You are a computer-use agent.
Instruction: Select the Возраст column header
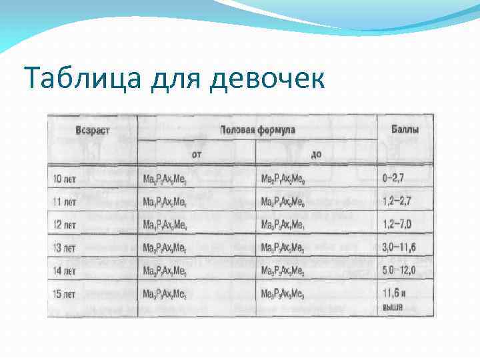pos(93,129)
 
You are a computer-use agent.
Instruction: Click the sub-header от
pos(197,153)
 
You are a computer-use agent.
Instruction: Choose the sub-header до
pos(316,153)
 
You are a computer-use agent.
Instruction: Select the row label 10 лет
pos(65,179)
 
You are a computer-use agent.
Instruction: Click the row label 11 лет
pos(65,201)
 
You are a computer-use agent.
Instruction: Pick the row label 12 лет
pos(65,225)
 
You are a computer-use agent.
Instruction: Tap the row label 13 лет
pos(65,248)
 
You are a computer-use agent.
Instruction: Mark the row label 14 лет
pos(65,271)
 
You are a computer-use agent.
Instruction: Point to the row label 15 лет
pos(65,293)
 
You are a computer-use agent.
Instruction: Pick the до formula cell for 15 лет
pos(283,294)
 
